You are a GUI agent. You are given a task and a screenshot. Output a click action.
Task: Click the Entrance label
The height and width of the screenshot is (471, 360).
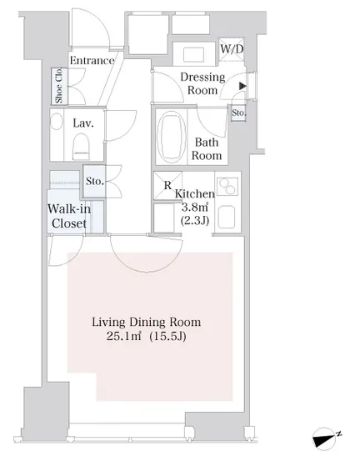(92, 61)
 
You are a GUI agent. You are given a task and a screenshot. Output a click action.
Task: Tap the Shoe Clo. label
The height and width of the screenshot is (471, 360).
(59, 86)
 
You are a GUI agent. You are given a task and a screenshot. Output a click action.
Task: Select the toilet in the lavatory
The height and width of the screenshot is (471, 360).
(82, 146)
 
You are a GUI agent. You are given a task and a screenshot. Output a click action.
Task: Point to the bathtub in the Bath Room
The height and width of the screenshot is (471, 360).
(171, 137)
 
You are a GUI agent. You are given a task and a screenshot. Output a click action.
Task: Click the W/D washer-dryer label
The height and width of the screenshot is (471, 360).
(232, 48)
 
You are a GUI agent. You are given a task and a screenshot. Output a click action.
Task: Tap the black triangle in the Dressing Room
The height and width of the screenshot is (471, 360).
(242, 86)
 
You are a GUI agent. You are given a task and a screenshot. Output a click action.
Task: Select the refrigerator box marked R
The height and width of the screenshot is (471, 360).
(167, 185)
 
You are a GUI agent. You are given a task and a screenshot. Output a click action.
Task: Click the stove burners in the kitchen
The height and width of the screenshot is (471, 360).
(227, 186)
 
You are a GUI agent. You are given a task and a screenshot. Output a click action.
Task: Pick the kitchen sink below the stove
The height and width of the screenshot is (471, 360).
(227, 217)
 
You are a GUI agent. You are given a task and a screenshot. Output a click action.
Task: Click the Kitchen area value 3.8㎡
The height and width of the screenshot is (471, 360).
(195, 207)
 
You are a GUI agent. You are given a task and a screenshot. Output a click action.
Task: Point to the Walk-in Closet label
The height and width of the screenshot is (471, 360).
(69, 216)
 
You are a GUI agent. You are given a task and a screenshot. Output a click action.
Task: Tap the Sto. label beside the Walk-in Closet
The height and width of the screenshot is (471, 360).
(94, 181)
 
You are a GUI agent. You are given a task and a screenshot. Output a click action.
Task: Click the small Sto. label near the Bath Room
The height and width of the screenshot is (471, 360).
(238, 113)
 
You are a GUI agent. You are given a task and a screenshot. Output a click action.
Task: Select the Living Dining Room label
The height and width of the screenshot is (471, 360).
(146, 323)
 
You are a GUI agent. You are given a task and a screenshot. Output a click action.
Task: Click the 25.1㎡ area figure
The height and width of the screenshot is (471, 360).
(123, 336)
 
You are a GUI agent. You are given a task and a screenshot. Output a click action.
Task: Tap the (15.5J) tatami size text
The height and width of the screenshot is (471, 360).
(167, 336)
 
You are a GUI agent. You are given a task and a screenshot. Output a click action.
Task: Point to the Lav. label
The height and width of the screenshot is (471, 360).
(83, 123)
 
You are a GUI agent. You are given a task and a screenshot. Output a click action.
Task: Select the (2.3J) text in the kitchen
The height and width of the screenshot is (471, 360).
(194, 221)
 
